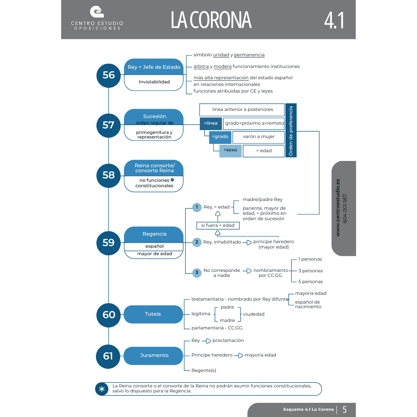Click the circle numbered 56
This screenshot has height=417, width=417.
point(108,75)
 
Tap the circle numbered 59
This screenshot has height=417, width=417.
point(108,242)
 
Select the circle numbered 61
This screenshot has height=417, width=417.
point(108,356)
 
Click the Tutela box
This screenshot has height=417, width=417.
point(153,314)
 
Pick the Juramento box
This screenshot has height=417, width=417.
point(153,355)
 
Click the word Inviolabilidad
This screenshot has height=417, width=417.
point(154,82)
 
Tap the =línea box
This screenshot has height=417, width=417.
point(211,123)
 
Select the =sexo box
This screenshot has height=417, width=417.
point(230,150)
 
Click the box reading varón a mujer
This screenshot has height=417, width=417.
point(258,137)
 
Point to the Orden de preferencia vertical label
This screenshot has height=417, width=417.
point(291,131)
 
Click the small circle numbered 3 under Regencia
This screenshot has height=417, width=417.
point(197,273)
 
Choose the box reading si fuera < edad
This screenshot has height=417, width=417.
point(218,226)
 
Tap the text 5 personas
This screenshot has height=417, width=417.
point(310,281)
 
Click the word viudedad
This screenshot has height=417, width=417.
point(254,314)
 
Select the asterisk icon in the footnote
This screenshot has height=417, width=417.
point(102,389)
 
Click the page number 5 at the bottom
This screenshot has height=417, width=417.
point(344,409)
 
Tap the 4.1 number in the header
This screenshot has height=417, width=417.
point(334,20)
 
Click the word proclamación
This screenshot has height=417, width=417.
point(228,341)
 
